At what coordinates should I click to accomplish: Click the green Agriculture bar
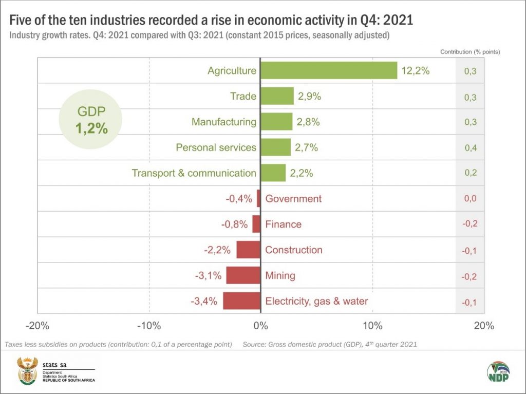click(x=329, y=71)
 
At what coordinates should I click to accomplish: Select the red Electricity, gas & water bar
click(x=241, y=301)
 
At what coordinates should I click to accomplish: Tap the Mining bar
click(x=243, y=275)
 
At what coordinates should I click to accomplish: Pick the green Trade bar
click(x=277, y=96)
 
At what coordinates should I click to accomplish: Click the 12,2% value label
click(x=415, y=71)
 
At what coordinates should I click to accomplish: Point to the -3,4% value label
click(x=204, y=301)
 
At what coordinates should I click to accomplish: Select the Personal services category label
click(x=216, y=147)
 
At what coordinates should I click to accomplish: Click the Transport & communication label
click(x=194, y=173)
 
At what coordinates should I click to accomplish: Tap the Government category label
click(x=293, y=199)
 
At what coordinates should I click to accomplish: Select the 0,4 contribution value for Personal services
click(x=470, y=148)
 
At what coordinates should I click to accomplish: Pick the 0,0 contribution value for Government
click(x=470, y=199)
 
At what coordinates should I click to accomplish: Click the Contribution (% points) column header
click(x=470, y=52)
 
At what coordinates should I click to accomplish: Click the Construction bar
click(x=248, y=250)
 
